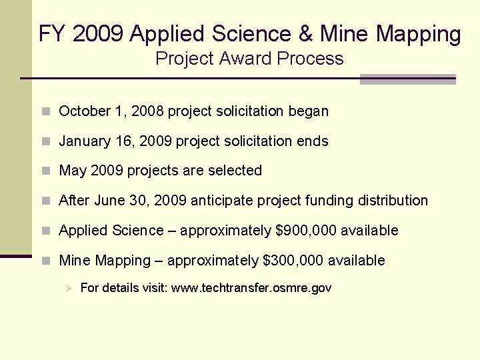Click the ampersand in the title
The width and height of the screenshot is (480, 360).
coord(303,34)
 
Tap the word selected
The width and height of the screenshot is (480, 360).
coord(235,171)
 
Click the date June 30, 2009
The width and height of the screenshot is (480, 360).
coord(142,201)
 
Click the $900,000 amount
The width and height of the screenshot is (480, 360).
coord(307,231)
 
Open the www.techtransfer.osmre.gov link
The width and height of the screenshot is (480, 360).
coord(251,288)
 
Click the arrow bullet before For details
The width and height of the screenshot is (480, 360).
coord(67,288)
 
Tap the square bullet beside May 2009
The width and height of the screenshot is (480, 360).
coord(45,171)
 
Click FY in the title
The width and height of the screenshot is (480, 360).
coord(49,34)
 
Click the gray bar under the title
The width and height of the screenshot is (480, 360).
coord(407,79)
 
